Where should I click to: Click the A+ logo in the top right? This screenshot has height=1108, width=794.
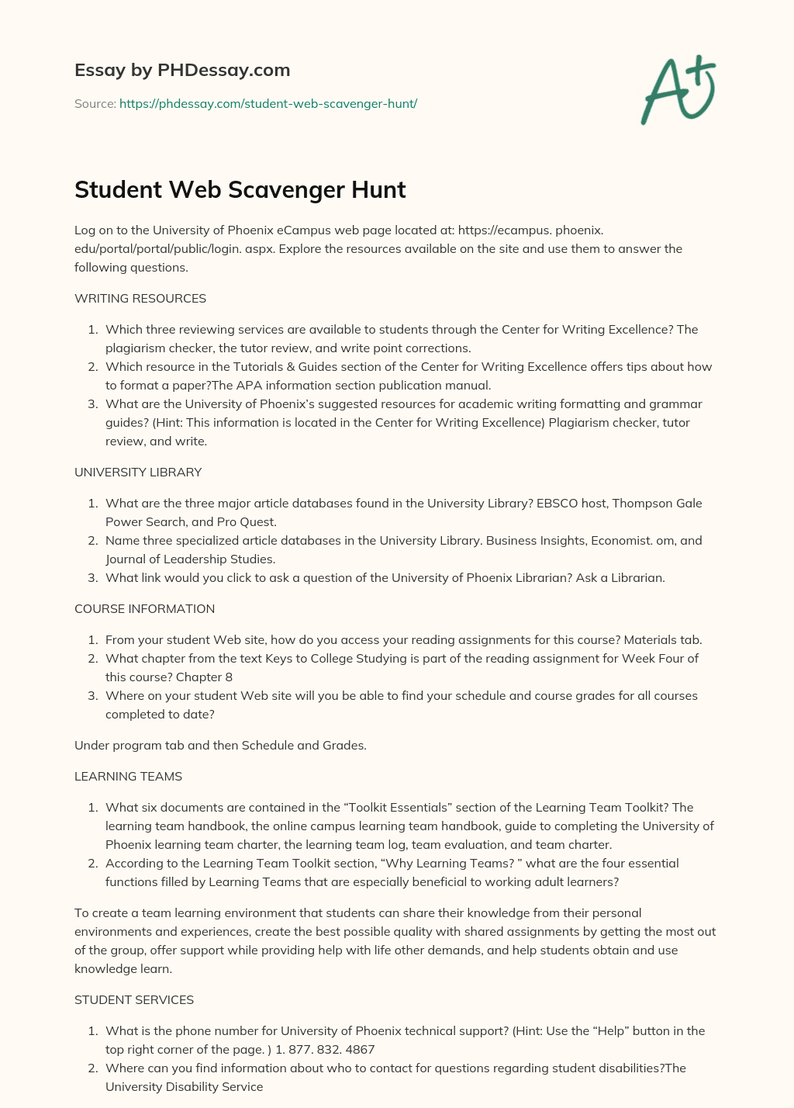678,89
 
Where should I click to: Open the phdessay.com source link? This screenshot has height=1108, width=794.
268,103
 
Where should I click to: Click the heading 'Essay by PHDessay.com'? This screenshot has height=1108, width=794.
182,70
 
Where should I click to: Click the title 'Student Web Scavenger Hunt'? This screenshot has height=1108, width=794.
240,189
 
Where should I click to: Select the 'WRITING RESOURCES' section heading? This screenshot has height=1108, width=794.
140,298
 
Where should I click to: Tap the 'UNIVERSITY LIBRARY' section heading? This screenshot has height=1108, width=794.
138,472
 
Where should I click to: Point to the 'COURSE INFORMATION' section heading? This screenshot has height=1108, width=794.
144,608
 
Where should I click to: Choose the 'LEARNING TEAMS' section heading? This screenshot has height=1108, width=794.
128,776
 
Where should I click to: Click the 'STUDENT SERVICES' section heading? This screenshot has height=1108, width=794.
134,999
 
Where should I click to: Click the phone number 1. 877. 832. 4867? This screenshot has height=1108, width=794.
325,1049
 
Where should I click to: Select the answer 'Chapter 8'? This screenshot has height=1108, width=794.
204,677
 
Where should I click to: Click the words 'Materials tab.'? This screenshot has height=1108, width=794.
663,639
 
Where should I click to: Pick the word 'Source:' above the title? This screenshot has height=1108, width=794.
95,103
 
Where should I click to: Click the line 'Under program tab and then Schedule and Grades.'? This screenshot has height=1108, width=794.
220,745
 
